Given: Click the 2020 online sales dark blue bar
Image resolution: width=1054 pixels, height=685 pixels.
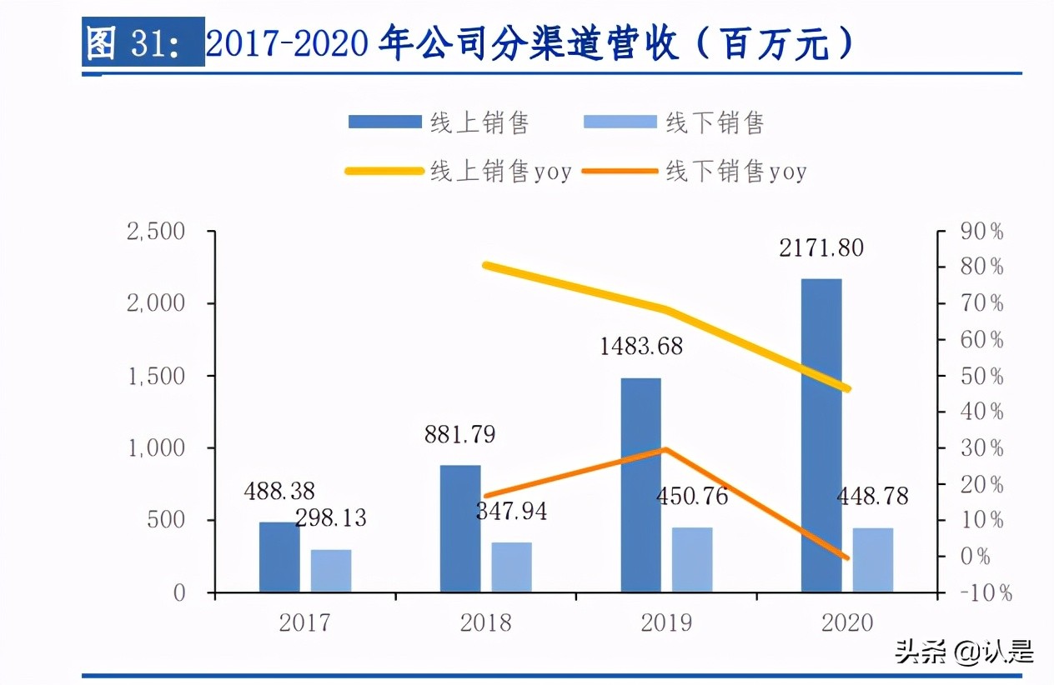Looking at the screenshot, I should (x=821, y=435).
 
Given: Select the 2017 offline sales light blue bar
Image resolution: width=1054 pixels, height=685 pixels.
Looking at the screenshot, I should (x=331, y=571).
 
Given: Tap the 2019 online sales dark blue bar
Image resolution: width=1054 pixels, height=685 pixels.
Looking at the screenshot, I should (x=640, y=485).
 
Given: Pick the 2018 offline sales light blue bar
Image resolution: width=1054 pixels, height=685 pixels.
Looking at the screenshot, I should (x=511, y=567).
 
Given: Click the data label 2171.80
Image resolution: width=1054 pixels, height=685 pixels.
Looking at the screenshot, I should (x=821, y=247).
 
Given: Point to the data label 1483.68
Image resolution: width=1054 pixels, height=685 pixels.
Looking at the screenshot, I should (x=640, y=346).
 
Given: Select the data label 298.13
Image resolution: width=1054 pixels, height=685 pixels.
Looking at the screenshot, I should (x=330, y=517).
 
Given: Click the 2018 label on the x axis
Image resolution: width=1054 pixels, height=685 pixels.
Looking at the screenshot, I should (x=486, y=622).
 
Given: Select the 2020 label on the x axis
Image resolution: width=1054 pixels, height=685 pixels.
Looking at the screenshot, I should (x=847, y=622).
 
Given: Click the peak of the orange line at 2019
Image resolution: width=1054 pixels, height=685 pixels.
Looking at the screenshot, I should (x=665, y=449).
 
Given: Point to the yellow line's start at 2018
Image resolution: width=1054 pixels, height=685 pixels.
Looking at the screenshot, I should (x=486, y=265).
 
